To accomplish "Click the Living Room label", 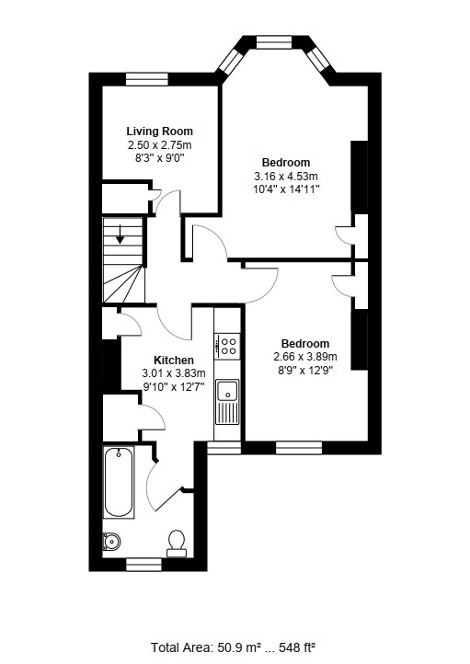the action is tap(160, 131).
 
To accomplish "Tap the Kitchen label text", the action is tap(174, 360).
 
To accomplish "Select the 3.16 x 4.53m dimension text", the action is tap(286, 176).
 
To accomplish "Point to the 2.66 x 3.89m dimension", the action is tap(304, 357).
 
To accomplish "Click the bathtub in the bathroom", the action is tap(119, 482).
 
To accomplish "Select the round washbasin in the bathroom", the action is tap(111, 541).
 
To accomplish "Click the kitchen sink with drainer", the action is tap(227, 402).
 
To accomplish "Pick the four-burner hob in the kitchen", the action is tap(228, 346).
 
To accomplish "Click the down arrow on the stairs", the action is tap(120, 235).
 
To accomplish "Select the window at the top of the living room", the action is tap(147, 79).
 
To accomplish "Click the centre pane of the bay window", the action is tap(274, 42).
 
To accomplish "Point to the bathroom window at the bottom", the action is tap(144, 565).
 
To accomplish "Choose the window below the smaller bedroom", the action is tap(299, 448).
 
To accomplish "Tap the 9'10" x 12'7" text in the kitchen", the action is tap(174, 386).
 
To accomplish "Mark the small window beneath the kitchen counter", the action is tap(224, 448).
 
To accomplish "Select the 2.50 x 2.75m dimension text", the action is tap(160, 144).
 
